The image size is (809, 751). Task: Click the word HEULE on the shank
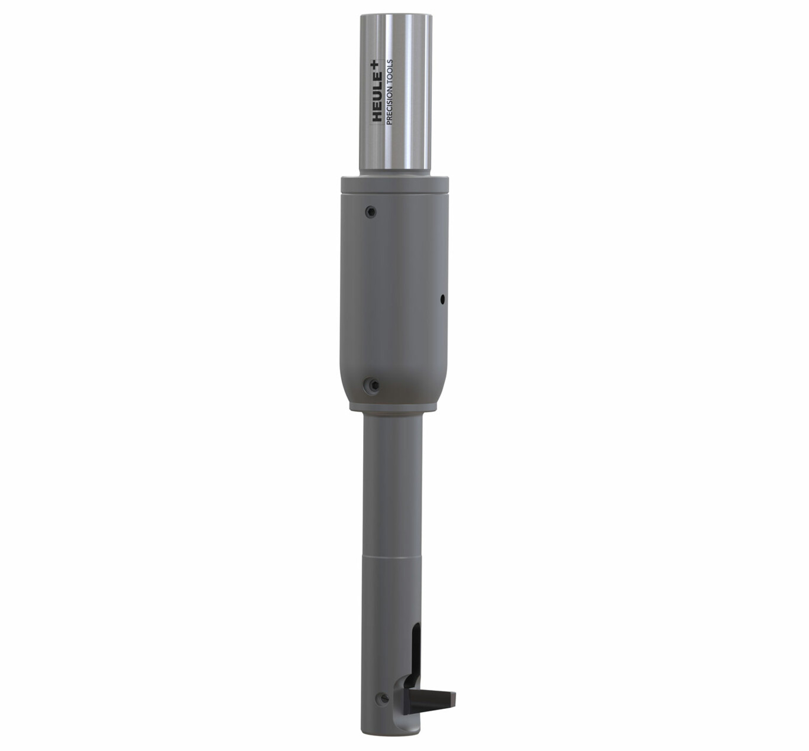click(x=377, y=98)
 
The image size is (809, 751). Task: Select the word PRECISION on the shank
click(x=389, y=105)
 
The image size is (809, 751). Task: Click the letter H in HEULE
click(x=377, y=116)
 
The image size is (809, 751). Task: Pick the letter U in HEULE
click(x=377, y=97)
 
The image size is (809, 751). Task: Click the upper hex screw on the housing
click(x=370, y=212)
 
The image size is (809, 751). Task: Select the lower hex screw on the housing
click(x=374, y=385)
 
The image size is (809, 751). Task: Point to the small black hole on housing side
click(x=442, y=299)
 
